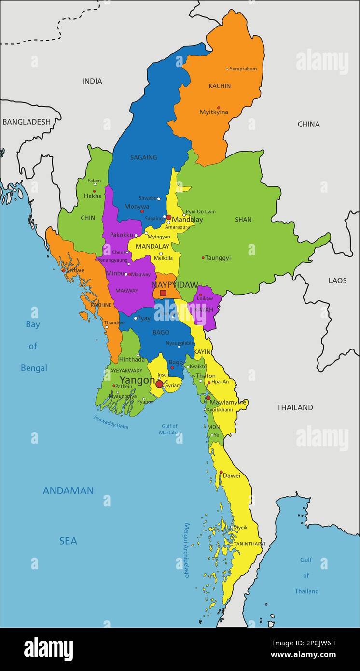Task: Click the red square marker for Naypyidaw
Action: click(x=163, y=293)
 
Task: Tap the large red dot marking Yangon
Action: click(x=159, y=384)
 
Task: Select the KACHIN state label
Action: click(x=220, y=86)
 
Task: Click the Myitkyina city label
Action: click(x=214, y=112)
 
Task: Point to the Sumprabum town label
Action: click(x=243, y=69)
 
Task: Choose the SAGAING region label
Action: click(x=143, y=157)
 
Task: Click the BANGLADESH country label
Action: click(x=26, y=122)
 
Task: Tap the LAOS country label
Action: click(x=337, y=280)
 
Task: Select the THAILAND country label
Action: click(x=294, y=407)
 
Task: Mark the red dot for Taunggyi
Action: click(x=203, y=258)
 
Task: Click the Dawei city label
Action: click(x=232, y=475)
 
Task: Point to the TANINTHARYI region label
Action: click(x=249, y=544)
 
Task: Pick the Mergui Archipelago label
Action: click(x=186, y=550)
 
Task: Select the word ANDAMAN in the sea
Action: click(x=68, y=491)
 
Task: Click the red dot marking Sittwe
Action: click(x=63, y=270)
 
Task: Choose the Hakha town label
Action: click(x=93, y=196)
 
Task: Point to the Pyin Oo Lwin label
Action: click(x=201, y=212)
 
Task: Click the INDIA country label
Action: click(x=92, y=81)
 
